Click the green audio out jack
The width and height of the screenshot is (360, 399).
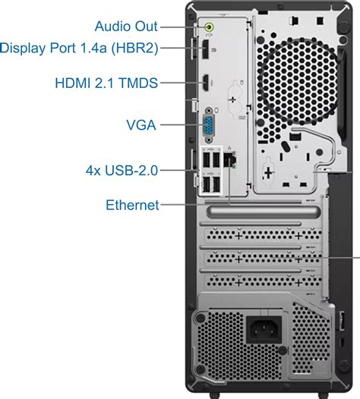pos(210,27)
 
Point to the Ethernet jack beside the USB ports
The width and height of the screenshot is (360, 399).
pos(232,160)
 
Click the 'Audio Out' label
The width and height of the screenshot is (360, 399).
pos(126,26)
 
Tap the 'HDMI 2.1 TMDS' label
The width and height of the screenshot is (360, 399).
pos(106,83)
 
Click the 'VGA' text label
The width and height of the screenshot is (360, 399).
pos(142,124)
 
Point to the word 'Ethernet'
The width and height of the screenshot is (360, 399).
pos(132,204)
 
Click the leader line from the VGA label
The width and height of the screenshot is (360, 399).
pos(179,124)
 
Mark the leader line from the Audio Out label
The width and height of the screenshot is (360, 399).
pos(182,27)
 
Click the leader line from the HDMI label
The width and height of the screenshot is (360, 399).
pos(178,83)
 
